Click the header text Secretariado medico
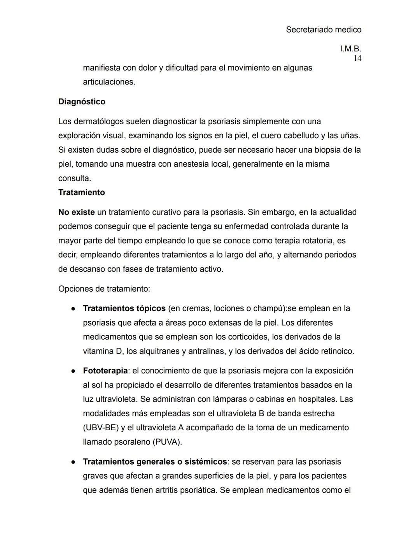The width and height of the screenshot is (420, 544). pyautogui.click(x=324, y=30)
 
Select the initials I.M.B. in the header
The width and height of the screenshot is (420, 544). pyautogui.click(x=350, y=49)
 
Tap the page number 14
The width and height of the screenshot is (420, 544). pyautogui.click(x=357, y=58)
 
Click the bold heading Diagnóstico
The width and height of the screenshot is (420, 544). pyautogui.click(x=82, y=102)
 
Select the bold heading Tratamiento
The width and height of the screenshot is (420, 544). pyautogui.click(x=82, y=192)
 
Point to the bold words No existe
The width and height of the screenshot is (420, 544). pyautogui.click(x=77, y=212)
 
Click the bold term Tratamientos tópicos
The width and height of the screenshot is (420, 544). pyautogui.click(x=124, y=308)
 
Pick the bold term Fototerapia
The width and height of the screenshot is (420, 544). pyautogui.click(x=105, y=371)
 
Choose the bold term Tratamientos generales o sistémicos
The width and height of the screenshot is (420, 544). pyautogui.click(x=155, y=462)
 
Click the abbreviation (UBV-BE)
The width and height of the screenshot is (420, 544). pyautogui.click(x=101, y=428)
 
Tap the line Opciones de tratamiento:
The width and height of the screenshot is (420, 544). pyautogui.click(x=104, y=289)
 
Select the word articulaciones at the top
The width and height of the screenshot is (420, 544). pyautogui.click(x=109, y=82)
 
